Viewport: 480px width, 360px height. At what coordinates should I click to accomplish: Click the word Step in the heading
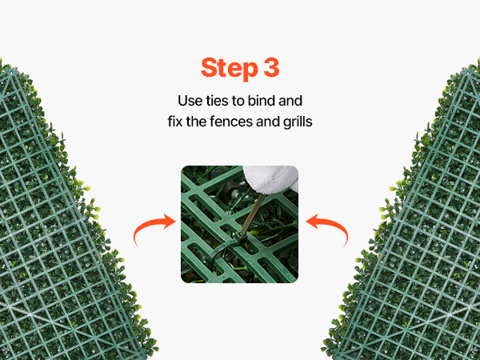click(230, 69)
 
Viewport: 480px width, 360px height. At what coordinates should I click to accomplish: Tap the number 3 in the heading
click(271, 67)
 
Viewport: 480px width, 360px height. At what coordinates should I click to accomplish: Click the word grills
click(298, 122)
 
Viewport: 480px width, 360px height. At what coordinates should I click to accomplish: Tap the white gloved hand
click(272, 179)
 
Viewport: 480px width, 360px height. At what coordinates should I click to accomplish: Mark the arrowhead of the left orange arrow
click(170, 222)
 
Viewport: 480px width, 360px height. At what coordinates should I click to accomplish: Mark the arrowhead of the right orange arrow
click(312, 222)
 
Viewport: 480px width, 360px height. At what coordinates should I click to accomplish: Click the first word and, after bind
click(290, 101)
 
